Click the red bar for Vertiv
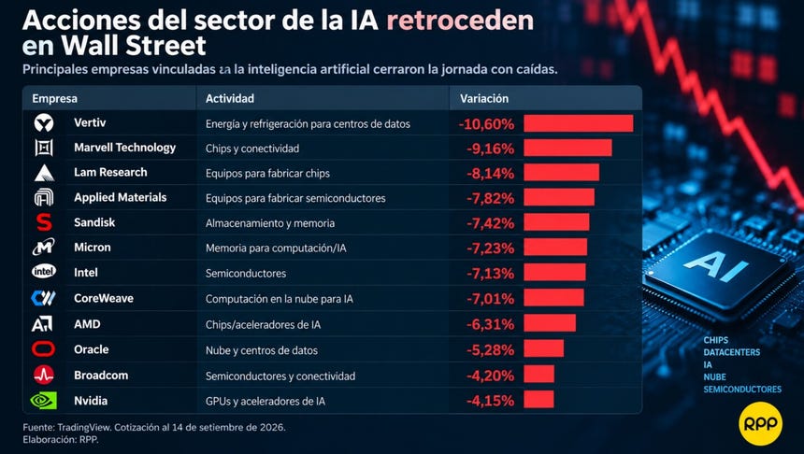pyautogui.click(x=579, y=123)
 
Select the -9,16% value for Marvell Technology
pyautogui.click(x=490, y=149)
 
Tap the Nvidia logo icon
pyautogui.click(x=44, y=401)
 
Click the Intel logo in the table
pyautogui.click(x=44, y=272)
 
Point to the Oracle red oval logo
pyautogui.click(x=44, y=349)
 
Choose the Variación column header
pyautogui.click(x=484, y=98)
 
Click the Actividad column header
pyautogui.click(x=230, y=98)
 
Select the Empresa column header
pyautogui.click(x=54, y=98)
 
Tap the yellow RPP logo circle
pyautogui.click(x=760, y=423)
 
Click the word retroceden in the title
pyautogui.click(x=460, y=21)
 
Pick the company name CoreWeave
pyautogui.click(x=104, y=298)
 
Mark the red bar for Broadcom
pyautogui.click(x=538, y=374)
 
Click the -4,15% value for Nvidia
pyautogui.click(x=490, y=401)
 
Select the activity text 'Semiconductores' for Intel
pyautogui.click(x=246, y=273)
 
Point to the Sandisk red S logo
pyautogui.click(x=44, y=222)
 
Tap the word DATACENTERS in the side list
pyautogui.click(x=732, y=352)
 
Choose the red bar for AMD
pyautogui.click(x=550, y=323)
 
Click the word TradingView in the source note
pyautogui.click(x=84, y=427)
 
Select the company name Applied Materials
pyautogui.click(x=120, y=197)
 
